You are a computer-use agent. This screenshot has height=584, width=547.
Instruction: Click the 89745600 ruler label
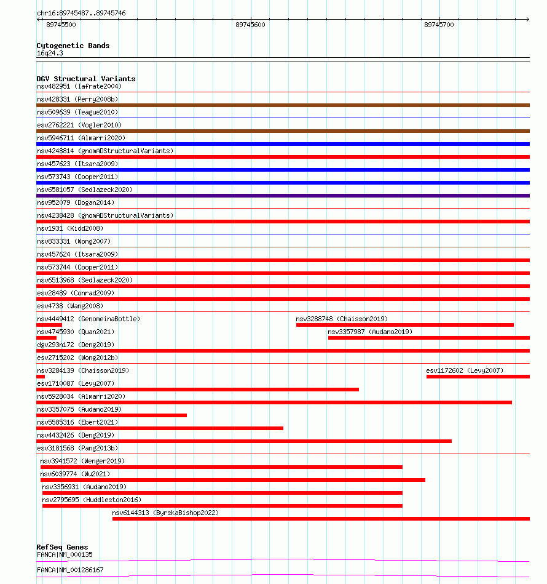(250, 25)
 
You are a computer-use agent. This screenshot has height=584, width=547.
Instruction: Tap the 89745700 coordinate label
(439, 25)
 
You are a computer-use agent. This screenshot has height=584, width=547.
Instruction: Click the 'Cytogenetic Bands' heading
(73, 46)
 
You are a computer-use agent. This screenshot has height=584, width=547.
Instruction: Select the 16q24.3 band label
(50, 53)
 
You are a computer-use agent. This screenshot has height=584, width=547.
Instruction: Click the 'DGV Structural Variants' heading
(85, 79)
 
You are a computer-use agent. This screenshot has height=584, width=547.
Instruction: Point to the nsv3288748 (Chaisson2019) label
(341, 319)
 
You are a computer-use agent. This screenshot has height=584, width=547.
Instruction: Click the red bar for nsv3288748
(404, 325)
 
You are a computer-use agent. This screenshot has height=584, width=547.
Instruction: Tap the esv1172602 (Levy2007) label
(464, 370)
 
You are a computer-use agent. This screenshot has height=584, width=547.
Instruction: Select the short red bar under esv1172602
(478, 377)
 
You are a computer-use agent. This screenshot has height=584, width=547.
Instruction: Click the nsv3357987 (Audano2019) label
(370, 332)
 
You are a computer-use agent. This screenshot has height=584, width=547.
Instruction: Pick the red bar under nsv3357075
(111, 415)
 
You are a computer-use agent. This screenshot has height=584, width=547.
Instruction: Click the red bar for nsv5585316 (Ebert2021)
(160, 428)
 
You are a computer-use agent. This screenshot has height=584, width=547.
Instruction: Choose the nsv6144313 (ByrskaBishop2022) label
(165, 513)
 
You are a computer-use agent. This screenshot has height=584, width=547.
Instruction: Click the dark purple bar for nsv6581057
(283, 196)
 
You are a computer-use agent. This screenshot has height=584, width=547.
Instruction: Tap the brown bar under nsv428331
(283, 105)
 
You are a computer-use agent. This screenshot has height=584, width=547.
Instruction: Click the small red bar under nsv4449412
(49, 325)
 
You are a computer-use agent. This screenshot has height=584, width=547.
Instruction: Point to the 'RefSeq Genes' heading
(62, 547)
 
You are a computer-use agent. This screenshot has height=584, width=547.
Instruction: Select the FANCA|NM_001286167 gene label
(70, 570)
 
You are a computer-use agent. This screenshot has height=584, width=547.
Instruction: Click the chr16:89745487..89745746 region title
(81, 13)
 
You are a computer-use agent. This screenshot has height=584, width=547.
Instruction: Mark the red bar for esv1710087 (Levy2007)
(197, 390)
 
